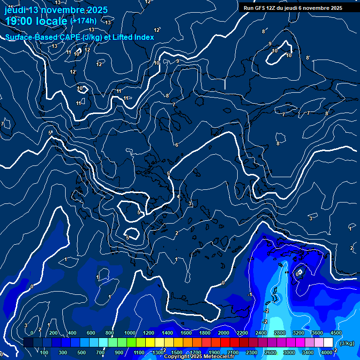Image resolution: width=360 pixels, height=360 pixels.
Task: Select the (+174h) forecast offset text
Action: point(83,21)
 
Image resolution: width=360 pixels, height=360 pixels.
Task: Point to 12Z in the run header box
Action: point(272,8)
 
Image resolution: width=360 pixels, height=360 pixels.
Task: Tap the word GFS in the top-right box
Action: point(259,8)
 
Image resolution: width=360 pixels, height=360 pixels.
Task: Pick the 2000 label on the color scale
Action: point(223,333)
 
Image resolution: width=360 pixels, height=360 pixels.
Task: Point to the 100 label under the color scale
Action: point(45,352)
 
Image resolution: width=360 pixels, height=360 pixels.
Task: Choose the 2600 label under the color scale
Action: point(270,352)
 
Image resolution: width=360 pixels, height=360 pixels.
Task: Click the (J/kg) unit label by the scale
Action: point(347,344)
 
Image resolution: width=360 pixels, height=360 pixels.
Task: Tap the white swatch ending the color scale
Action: point(329,343)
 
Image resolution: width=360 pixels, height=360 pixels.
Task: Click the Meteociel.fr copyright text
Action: point(199,357)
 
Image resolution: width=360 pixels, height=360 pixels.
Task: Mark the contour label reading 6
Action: point(177,145)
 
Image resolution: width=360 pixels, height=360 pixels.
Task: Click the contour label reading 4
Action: point(178,196)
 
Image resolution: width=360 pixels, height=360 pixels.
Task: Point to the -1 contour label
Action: point(250,294)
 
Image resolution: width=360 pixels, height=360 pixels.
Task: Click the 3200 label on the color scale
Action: point(299,333)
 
